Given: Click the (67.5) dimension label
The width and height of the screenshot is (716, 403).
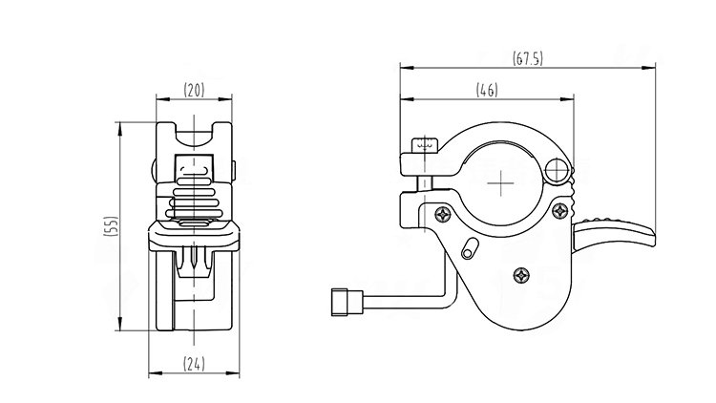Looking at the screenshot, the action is point(528,58).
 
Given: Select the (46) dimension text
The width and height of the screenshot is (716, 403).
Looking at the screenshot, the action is point(487,90).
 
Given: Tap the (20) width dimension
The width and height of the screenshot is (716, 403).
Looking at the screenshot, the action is point(194,90).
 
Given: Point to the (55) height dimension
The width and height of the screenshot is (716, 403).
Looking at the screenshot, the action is point(111,225).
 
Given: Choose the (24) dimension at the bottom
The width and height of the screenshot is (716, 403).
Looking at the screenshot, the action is point(194,364).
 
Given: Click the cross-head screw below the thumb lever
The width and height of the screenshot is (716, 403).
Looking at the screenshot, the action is point(521,275).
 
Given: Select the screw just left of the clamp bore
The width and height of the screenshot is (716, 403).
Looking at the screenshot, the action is point(442,214).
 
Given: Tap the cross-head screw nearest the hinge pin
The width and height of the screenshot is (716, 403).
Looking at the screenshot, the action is point(559,211).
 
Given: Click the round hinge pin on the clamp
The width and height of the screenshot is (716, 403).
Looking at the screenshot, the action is point(557,171).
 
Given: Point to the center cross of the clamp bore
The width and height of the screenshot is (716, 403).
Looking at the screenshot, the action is point(500,183).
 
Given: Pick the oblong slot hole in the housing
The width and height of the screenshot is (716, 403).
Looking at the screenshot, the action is point(470,248).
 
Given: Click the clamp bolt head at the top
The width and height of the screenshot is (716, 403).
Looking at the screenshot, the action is point(425,145).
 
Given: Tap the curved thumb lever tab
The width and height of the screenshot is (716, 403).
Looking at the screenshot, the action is point(614,233).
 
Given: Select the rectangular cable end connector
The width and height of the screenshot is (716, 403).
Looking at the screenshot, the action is point(347,302).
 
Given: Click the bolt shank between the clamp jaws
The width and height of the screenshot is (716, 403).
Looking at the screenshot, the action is point(425,183).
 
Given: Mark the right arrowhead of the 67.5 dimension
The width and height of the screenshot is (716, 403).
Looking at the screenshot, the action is point(648,68).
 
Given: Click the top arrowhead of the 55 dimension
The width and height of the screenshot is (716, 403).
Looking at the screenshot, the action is point(120,129).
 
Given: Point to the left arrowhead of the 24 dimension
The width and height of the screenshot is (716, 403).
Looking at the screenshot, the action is point(156,373).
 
